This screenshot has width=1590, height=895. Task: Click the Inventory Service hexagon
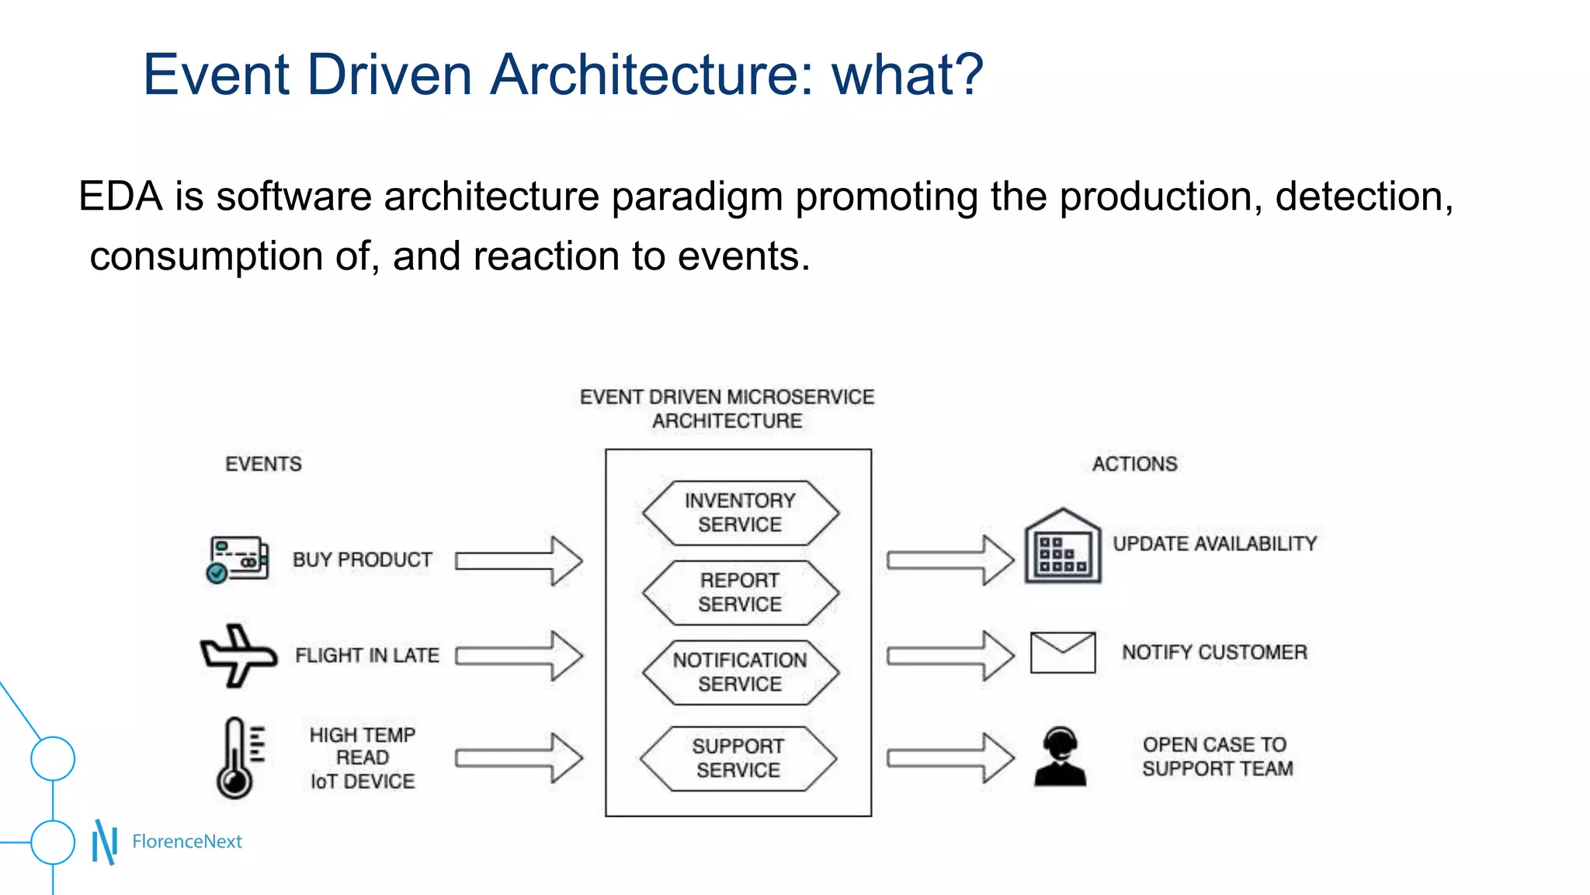(740, 513)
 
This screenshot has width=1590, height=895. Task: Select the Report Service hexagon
(740, 593)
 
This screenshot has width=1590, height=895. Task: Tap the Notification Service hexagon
(740, 672)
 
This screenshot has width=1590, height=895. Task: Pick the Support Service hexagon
(738, 758)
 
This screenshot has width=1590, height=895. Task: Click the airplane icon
(238, 655)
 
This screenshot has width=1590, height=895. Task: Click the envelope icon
(1062, 653)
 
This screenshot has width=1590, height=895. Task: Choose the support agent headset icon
(1060, 757)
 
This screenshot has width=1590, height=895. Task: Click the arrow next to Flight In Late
(519, 656)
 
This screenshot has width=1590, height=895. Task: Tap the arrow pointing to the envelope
(950, 656)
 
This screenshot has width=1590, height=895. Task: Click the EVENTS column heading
(263, 464)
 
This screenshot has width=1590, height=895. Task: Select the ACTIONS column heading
(1134, 464)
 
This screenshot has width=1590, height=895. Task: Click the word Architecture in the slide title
(651, 75)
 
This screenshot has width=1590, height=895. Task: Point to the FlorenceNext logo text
(187, 841)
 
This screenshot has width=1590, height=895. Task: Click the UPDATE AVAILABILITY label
(1214, 544)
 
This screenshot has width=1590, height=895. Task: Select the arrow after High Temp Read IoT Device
(519, 757)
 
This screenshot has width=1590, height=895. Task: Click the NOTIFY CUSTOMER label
(1214, 653)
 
